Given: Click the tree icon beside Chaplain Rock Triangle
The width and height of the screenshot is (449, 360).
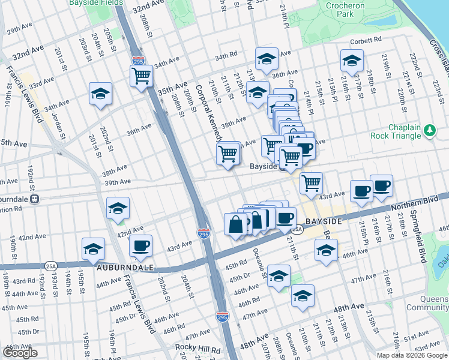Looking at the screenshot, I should coord(429,130).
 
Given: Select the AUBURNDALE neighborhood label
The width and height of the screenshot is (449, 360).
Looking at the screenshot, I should coord(124,266).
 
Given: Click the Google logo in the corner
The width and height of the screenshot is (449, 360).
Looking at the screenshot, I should coord(19,353).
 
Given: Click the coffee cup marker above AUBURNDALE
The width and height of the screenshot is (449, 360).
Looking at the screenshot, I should coord(140,245).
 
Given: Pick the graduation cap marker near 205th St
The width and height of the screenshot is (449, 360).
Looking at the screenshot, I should coord(101,94).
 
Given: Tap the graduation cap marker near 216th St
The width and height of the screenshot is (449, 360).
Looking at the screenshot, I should coord(352,60).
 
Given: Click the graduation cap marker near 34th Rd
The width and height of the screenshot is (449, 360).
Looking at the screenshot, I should coord(267,59).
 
